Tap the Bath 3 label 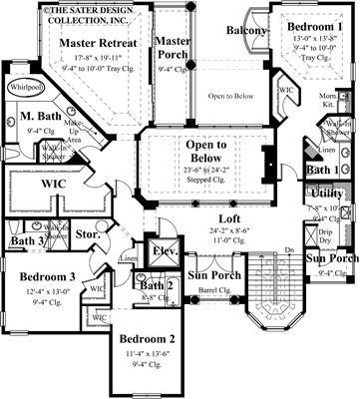pyautogui.click(x=27, y=240)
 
